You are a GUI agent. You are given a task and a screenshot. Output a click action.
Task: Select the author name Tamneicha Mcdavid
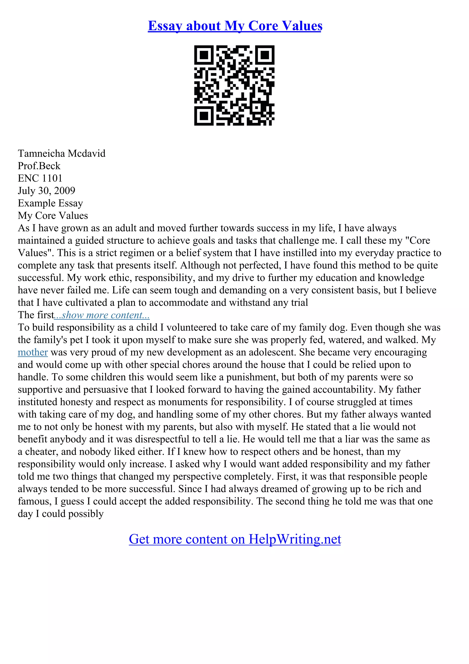point(62,153)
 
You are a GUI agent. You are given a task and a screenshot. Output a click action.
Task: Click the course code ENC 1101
point(40,178)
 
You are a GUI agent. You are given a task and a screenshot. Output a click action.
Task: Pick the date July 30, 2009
point(46,191)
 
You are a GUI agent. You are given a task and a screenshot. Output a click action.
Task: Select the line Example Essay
point(50,203)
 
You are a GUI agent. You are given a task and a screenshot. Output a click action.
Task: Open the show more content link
point(102,315)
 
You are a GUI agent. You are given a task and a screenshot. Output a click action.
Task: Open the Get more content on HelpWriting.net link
point(235,539)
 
